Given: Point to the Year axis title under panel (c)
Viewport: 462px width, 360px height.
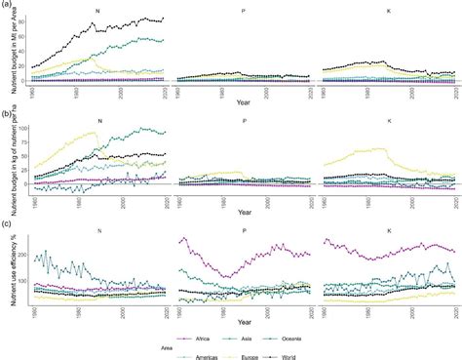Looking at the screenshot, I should (243, 317).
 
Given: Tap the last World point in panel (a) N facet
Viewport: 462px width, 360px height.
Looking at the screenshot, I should (164, 19).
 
